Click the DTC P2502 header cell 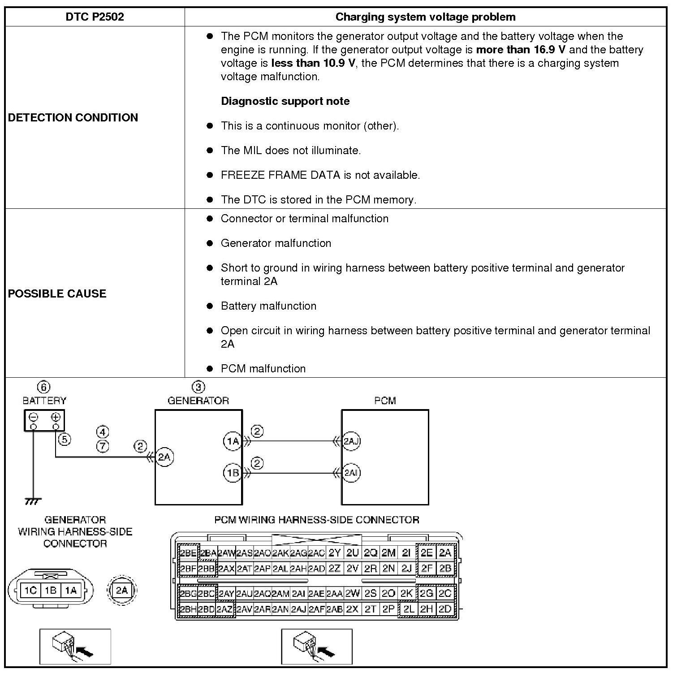point(95,17)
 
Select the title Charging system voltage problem point(425,17)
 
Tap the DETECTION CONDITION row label point(73,117)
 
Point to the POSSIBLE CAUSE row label point(57,293)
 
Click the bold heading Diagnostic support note point(285,101)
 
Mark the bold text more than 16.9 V point(521,50)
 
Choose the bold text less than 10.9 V point(313,63)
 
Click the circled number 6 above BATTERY point(43,387)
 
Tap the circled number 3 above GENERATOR point(198,387)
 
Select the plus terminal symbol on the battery point(56,417)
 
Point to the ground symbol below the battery point(33,501)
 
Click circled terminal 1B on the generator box point(232,473)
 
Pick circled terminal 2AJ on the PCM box point(351,441)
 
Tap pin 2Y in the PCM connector point(335,553)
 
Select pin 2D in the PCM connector point(445,609)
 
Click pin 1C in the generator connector point(30,591)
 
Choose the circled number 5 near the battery point(65,439)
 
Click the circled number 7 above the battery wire point(103,446)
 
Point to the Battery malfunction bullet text point(268,306)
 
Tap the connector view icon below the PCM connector point(316,646)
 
